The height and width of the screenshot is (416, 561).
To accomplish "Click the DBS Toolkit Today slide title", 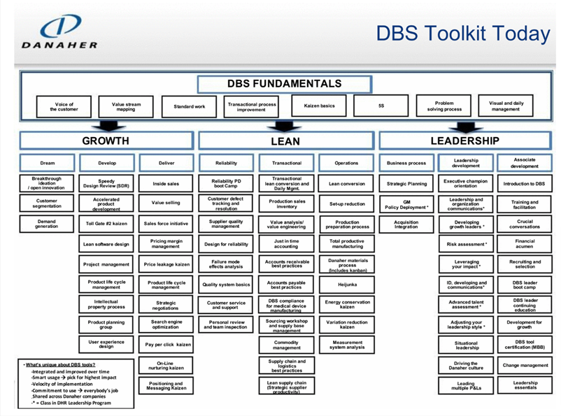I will tap(462, 33).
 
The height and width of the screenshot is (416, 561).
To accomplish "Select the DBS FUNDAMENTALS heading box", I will tap(284, 84).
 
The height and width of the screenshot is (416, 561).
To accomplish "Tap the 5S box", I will tap(381, 106).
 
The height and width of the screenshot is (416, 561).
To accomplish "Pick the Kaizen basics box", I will tap(319, 106).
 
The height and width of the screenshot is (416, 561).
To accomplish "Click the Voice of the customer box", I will tap(64, 106).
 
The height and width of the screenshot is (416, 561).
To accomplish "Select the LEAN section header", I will tap(285, 141).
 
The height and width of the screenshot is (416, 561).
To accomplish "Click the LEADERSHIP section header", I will tap(464, 141).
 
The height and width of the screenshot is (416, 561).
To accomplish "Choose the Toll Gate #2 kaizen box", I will tap(106, 224).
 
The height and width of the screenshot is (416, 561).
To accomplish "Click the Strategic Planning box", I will tap(406, 184).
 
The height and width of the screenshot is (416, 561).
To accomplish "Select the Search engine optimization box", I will tap(166, 325).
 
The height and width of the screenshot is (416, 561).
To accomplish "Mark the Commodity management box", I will tap(287, 345).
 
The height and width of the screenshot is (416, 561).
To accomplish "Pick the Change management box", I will tap(525, 365).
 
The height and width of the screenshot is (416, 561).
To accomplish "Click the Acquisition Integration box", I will tap(406, 224).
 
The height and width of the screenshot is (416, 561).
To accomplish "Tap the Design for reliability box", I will tap(226, 245).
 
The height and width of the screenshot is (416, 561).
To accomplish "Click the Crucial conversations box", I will tap(525, 224).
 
